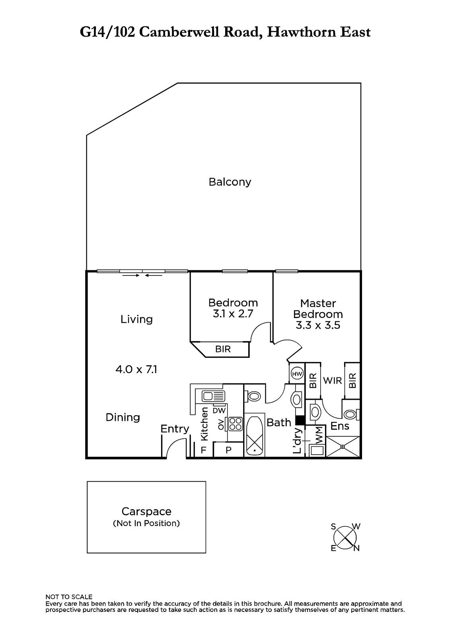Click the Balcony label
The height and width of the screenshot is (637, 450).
pos(230,182)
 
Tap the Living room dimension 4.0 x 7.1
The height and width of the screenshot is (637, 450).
pos(136,369)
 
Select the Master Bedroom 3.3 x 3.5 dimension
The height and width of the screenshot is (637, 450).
pos(318,325)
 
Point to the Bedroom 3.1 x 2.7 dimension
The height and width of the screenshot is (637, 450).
pos(233,314)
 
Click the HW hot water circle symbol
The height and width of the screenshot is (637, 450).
pos(297,374)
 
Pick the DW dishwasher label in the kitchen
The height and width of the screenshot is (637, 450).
pos(219,410)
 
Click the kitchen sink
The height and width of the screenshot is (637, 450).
pos(213,396)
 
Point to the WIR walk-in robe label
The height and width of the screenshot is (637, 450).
pos(332,381)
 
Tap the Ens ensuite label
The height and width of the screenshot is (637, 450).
pos(340,426)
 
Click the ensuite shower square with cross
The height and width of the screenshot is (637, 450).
pos(343,447)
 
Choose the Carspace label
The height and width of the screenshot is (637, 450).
pos(146,512)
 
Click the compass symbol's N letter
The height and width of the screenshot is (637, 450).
pos(356,548)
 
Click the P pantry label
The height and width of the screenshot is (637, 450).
pos(228,450)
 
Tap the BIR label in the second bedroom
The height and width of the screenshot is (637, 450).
pos(223,349)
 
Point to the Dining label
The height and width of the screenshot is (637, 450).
pos(123,418)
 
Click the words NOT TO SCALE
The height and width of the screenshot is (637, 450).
pos(69,597)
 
